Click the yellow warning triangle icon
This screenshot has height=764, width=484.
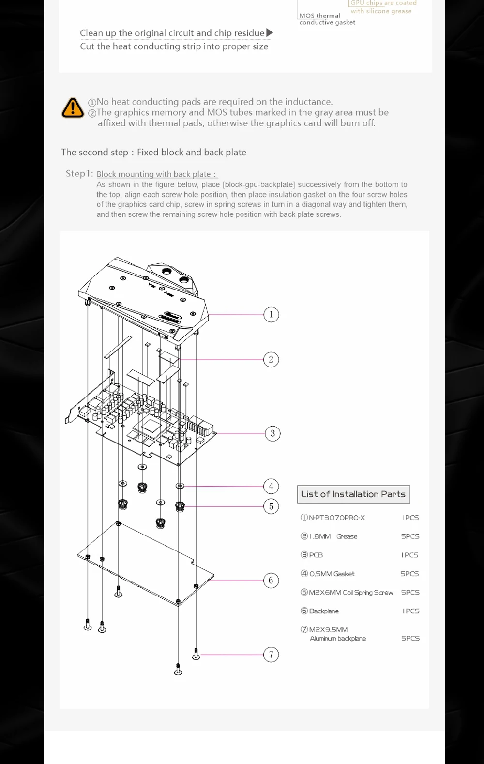click(x=73, y=107)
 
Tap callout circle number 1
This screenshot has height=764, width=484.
click(x=271, y=315)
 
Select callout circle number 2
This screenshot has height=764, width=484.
click(x=271, y=360)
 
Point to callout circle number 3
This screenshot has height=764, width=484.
click(x=272, y=433)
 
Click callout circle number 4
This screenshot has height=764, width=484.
click(x=271, y=486)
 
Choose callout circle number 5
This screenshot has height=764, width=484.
click(x=271, y=506)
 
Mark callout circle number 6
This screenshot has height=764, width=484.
click(x=271, y=580)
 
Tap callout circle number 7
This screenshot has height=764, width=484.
click(x=271, y=655)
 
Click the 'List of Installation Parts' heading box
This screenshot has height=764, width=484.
click(x=353, y=494)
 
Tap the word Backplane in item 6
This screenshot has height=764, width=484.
click(x=324, y=611)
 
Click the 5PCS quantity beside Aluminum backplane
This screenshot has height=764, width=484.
click(x=410, y=638)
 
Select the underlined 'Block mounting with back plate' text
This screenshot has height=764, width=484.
click(x=157, y=174)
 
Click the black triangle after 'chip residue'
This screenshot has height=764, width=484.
click(x=270, y=32)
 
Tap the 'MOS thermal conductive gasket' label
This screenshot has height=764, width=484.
click(x=327, y=19)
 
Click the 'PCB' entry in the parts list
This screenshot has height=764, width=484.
click(x=316, y=555)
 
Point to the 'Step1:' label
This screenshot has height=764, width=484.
click(x=79, y=173)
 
